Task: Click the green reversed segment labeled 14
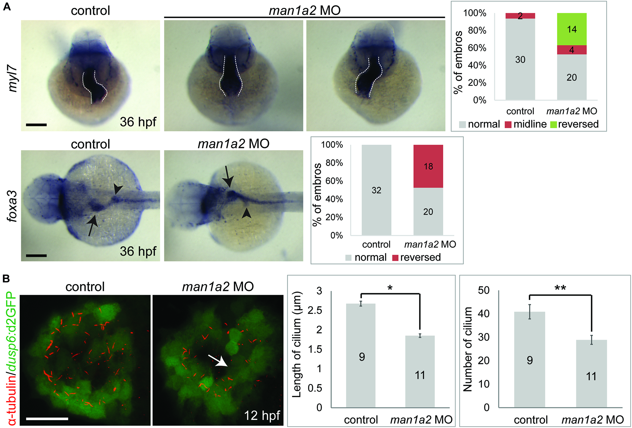click(x=572, y=29)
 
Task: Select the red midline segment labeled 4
click(x=572, y=50)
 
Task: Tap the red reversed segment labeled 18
click(x=428, y=166)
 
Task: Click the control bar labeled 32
click(x=376, y=190)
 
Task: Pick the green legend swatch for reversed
click(x=553, y=124)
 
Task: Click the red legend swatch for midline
click(x=508, y=124)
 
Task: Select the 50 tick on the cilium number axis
click(x=483, y=290)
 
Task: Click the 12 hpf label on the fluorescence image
click(x=262, y=415)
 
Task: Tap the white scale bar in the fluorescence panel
click(x=47, y=419)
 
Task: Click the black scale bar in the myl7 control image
click(x=36, y=125)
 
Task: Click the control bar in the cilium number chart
click(x=530, y=360)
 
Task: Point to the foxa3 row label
click(x=13, y=206)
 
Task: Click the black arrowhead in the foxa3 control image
click(x=118, y=189)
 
